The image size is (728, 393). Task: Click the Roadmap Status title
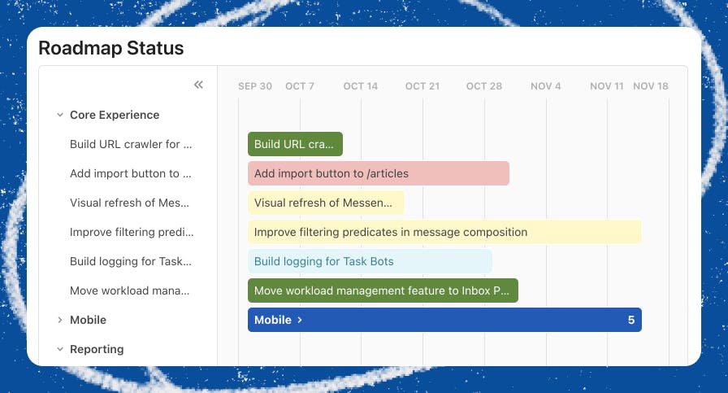point(111,48)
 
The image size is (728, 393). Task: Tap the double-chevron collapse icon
point(198,85)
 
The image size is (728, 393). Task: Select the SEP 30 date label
point(255,86)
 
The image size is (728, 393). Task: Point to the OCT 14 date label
point(360,86)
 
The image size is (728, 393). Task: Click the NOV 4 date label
point(545,86)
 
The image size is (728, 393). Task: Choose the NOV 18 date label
point(651,86)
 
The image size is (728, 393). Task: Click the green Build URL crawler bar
point(295,144)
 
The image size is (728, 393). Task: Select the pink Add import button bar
point(379,173)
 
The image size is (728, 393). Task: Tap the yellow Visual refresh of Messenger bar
point(326,203)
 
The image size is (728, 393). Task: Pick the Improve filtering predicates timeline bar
point(444,232)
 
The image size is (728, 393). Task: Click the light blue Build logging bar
point(370,261)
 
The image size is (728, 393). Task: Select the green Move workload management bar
point(383,290)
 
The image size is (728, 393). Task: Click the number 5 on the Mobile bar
point(631,320)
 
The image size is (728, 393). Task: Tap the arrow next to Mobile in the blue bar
point(300,320)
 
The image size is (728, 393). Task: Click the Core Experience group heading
point(115,115)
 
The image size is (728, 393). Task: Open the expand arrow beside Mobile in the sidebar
point(60,320)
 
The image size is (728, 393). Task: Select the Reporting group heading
point(97,349)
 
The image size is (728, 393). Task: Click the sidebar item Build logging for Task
point(131,261)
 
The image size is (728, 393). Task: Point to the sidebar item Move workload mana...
point(129,290)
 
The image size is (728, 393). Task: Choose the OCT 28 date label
point(483,86)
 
